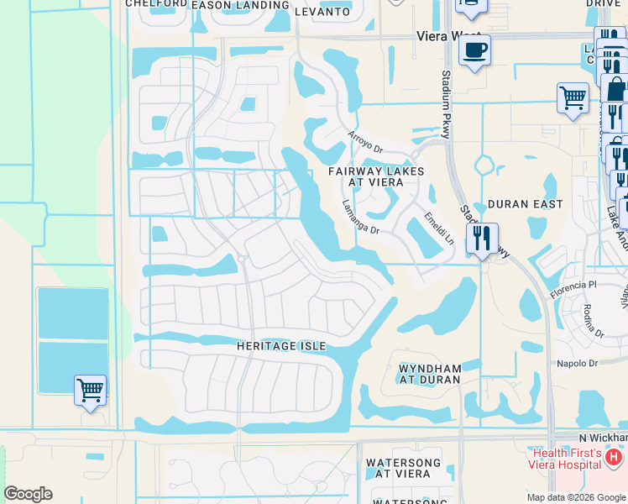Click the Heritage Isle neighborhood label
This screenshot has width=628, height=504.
280,346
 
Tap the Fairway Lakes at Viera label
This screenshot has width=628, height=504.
375,177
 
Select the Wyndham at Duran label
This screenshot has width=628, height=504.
430,374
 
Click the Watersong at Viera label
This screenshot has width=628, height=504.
398,468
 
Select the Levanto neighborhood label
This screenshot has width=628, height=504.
322,11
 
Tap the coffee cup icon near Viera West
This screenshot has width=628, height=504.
474,50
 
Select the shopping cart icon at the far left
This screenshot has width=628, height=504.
90,390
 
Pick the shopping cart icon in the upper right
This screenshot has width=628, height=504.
573,97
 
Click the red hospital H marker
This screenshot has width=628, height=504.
614,457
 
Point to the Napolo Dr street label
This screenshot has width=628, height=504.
577,363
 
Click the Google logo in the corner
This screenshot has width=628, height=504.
28,494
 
